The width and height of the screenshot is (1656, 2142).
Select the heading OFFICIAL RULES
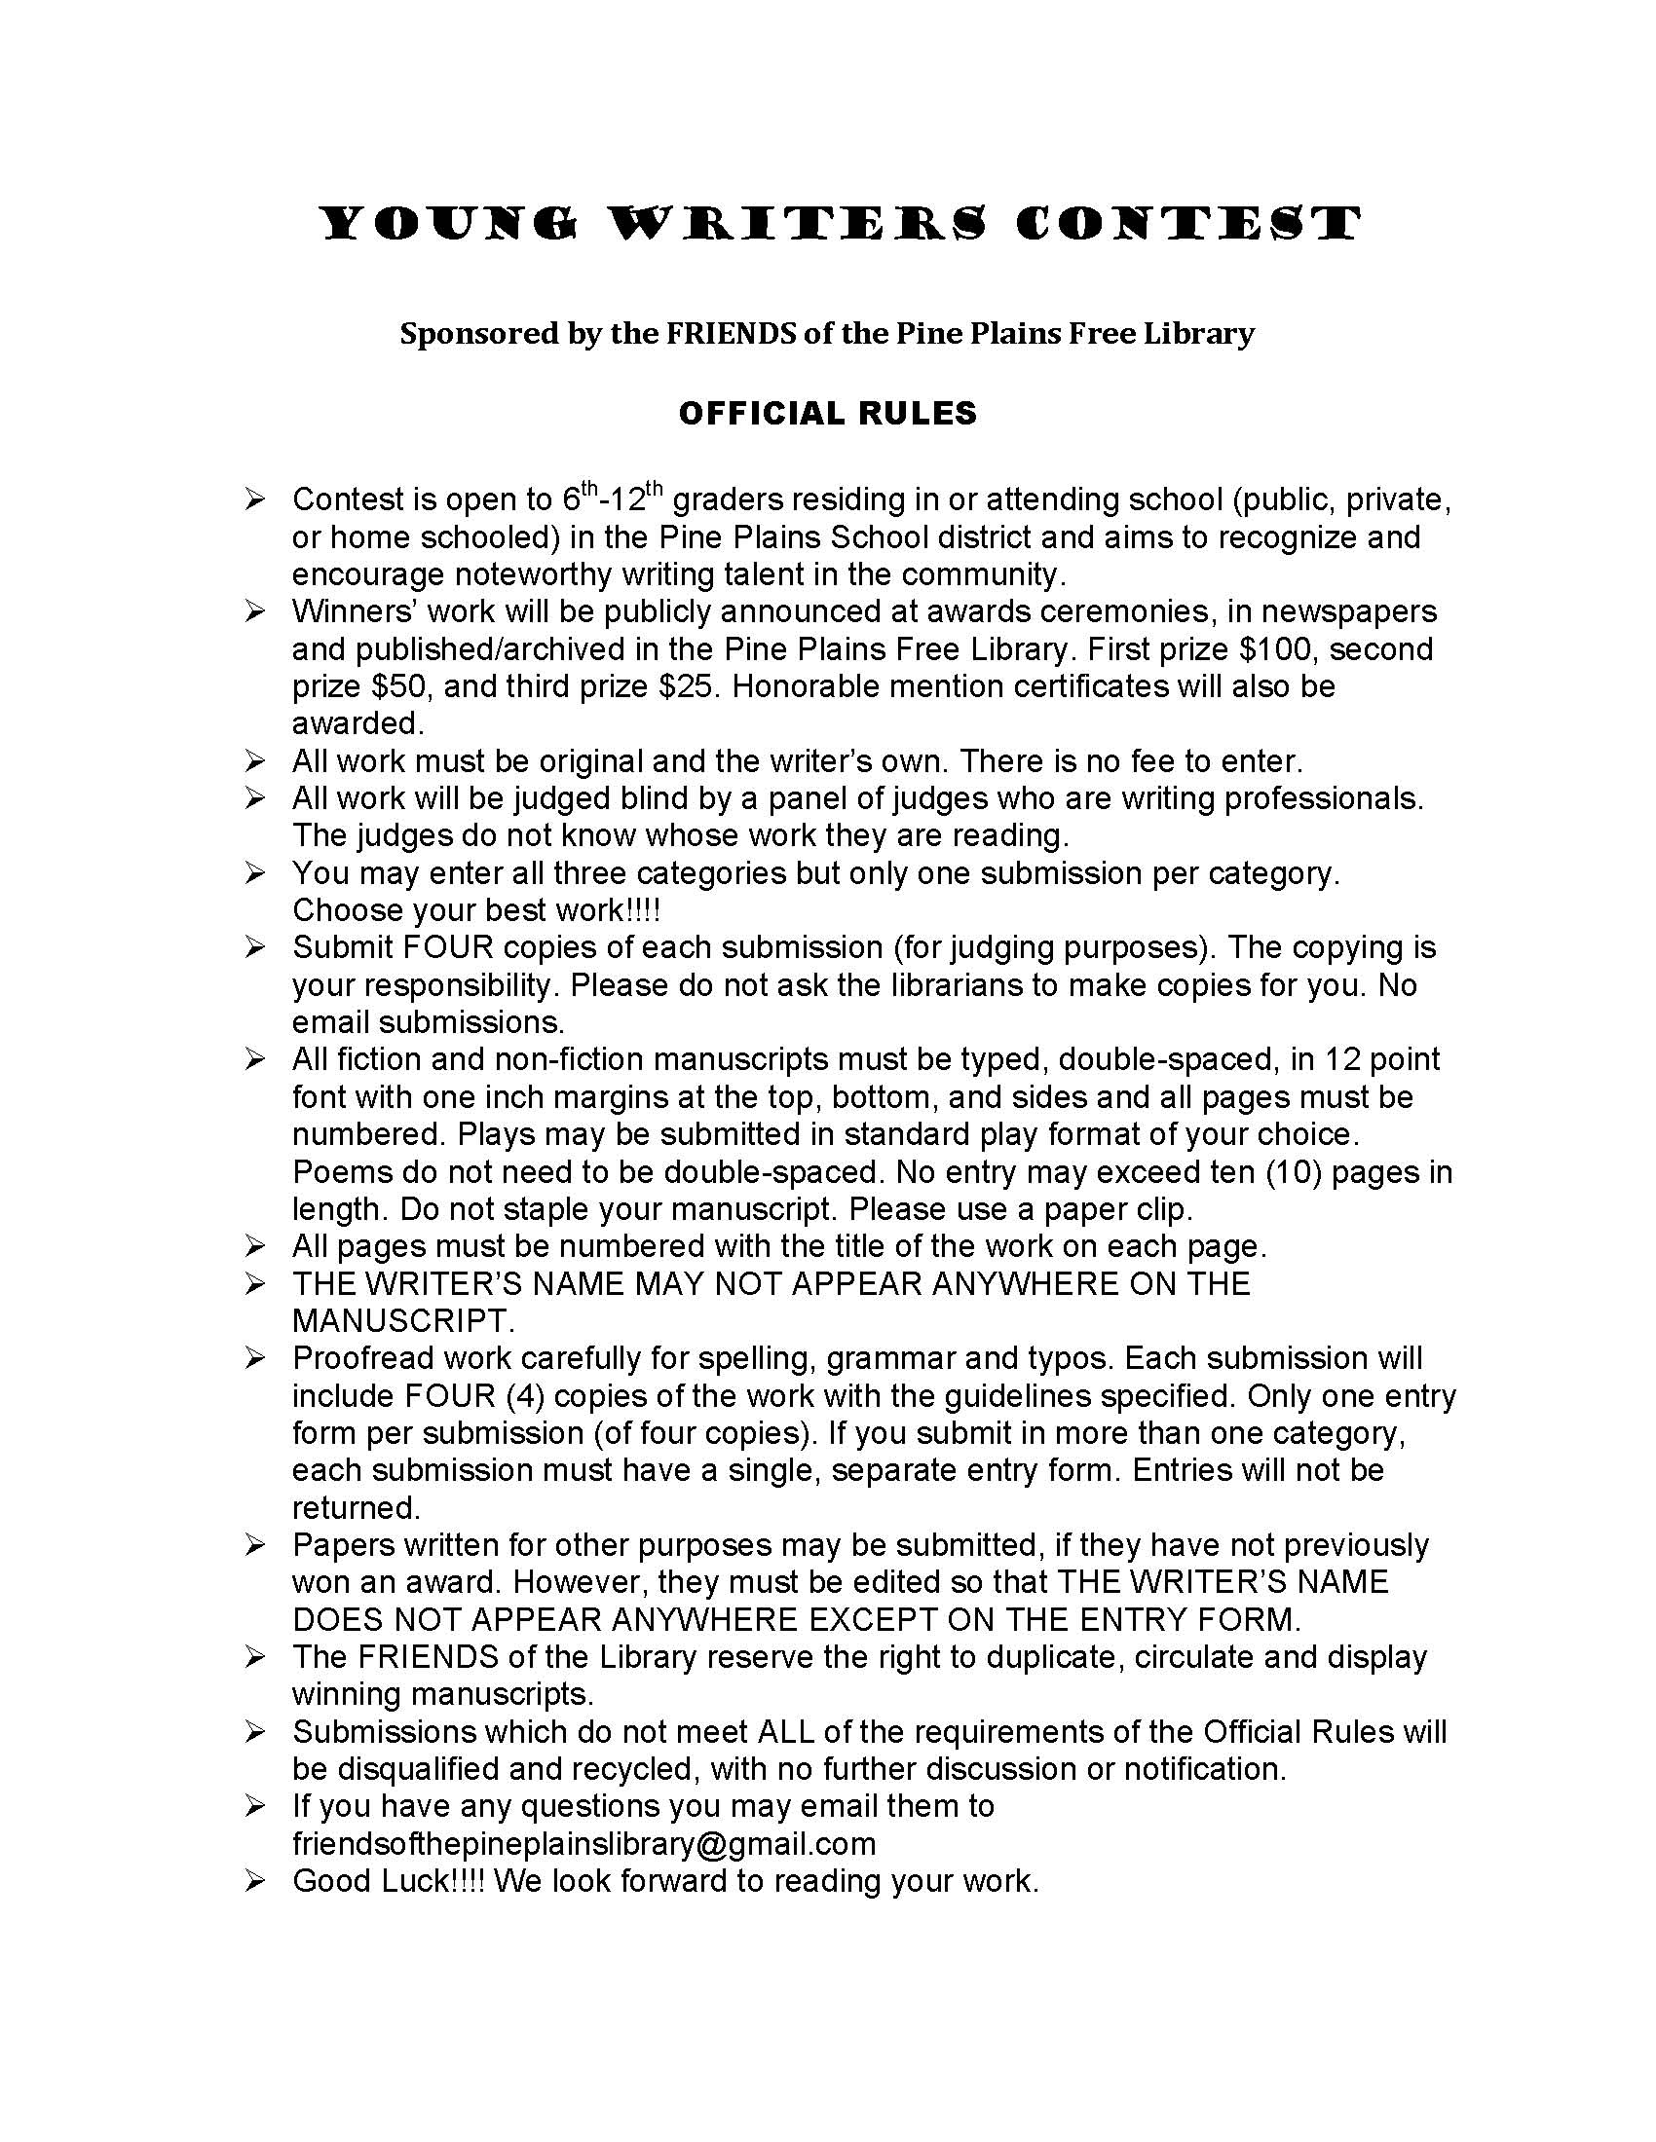pos(827,413)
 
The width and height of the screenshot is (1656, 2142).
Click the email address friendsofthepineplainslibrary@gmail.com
pos(583,1844)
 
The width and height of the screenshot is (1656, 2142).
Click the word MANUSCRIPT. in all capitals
pos(403,1321)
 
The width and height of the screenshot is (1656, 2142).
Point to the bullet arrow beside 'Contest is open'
pos(255,499)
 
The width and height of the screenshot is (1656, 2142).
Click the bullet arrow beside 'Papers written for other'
pos(255,1546)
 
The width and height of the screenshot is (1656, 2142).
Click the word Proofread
pos(364,1358)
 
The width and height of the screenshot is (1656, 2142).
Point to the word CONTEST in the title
pos(1188,224)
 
